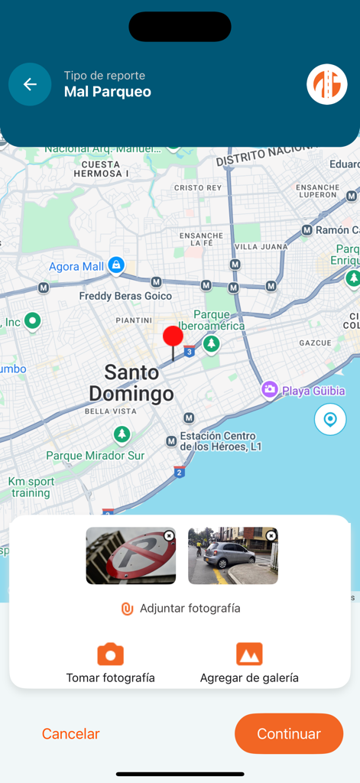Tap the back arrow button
(x=30, y=84)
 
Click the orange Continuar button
(x=289, y=733)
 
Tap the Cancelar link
(x=70, y=733)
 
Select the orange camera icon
(x=110, y=655)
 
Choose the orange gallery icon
(x=249, y=655)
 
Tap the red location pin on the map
(x=174, y=337)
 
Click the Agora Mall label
(x=76, y=267)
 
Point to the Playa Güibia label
(x=313, y=391)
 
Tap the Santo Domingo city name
(x=131, y=383)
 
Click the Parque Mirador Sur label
(x=95, y=456)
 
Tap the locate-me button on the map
(x=330, y=420)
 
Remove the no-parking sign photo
(x=169, y=536)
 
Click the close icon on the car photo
(x=271, y=536)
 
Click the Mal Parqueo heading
(x=107, y=92)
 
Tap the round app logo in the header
(x=327, y=84)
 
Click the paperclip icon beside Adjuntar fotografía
(x=128, y=609)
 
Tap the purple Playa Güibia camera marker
(x=270, y=390)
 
